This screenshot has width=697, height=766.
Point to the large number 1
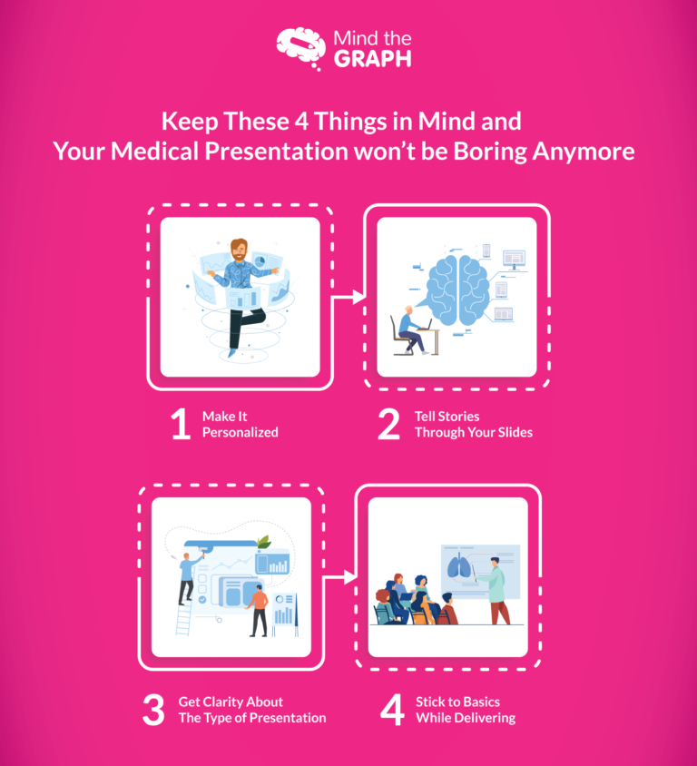click(x=181, y=425)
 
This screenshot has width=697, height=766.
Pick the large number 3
click(x=152, y=710)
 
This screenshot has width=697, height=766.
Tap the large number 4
click(x=391, y=710)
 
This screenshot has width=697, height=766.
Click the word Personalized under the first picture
click(x=241, y=433)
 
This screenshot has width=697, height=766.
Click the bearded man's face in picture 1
click(x=239, y=249)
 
